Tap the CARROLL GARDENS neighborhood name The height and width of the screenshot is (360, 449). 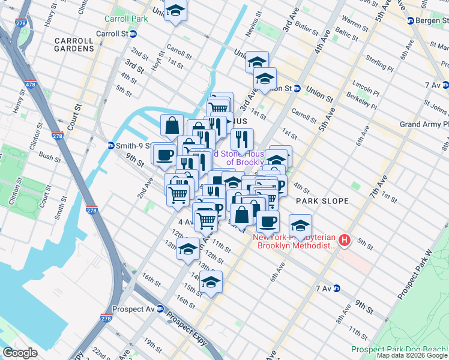74,46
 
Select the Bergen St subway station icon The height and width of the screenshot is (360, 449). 410,20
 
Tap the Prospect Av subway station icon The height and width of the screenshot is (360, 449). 160,309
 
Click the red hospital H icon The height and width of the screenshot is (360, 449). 345,241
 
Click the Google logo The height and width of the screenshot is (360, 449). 20,353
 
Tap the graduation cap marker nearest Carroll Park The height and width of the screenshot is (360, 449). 175,10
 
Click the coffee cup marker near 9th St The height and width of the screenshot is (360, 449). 164,155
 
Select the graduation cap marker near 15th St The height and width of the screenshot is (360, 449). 211,281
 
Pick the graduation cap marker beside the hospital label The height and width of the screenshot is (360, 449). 300,226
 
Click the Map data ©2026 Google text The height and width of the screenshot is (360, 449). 411,355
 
